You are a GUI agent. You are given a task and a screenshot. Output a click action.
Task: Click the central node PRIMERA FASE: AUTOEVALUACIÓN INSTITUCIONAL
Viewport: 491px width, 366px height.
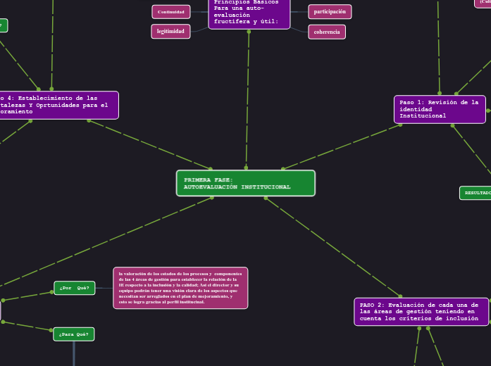click(245, 183)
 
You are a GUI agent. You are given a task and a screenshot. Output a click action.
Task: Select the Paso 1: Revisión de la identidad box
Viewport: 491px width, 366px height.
click(440, 109)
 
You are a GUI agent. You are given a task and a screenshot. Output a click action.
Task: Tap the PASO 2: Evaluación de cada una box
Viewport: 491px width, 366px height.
click(421, 312)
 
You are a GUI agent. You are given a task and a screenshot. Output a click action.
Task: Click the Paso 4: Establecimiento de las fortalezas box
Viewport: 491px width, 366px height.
click(56, 105)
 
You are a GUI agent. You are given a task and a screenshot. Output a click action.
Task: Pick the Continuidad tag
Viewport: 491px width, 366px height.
click(171, 12)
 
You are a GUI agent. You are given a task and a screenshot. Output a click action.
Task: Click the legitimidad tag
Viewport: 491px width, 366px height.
click(170, 32)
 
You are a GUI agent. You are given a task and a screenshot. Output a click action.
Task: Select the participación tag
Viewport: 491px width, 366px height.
click(330, 12)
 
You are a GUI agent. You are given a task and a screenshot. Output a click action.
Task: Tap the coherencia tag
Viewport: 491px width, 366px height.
click(327, 32)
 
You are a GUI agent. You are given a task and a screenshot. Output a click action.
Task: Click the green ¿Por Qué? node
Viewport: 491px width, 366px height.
click(75, 288)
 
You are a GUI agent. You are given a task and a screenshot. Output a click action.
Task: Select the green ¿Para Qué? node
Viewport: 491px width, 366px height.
click(74, 334)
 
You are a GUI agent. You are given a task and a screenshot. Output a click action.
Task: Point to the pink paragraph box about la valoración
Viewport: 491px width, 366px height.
click(180, 288)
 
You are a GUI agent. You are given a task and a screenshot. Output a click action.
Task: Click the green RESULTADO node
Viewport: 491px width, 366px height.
click(477, 193)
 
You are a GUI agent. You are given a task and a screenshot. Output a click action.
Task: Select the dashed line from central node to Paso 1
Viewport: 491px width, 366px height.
click(342, 146)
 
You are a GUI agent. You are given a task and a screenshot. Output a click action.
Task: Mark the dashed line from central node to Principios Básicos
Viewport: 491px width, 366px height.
click(247, 99)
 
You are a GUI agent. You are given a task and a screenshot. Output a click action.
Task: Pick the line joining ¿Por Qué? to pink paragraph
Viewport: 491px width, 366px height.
click(104, 288)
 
